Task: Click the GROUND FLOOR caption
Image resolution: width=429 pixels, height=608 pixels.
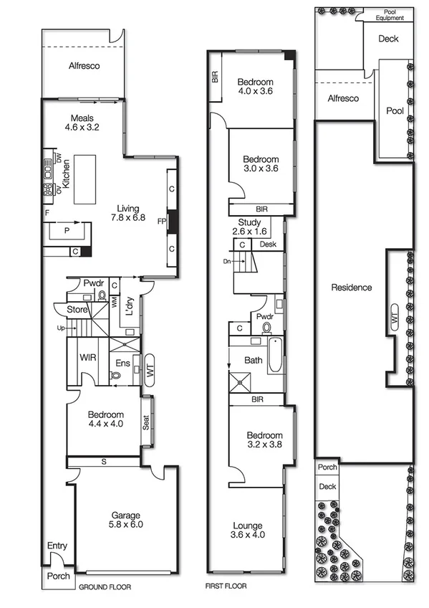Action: pos(105,586)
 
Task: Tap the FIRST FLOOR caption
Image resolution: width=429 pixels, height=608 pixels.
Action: pos(226,586)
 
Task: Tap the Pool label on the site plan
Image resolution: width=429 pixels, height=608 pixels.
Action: pos(395,111)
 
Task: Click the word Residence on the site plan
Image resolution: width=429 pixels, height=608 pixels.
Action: pos(351,288)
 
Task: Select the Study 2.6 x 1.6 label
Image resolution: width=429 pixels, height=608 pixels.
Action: pos(249,227)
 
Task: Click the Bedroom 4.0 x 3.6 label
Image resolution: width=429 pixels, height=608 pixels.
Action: pos(255,86)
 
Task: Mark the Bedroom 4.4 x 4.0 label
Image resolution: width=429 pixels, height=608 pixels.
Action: pos(105,419)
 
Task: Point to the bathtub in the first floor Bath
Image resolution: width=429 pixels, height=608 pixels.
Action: pos(275,356)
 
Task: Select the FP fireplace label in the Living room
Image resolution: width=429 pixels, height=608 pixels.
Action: pos(162,222)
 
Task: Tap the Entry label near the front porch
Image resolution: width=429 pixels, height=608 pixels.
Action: pos(57,546)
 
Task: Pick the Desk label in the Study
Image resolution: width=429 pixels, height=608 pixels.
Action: pos(268,244)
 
